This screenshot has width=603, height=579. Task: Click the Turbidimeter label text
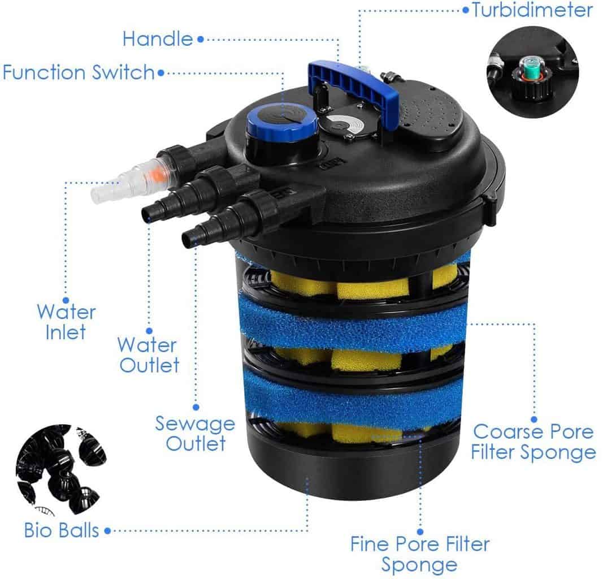coord(532,10)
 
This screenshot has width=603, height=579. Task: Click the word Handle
coord(158,39)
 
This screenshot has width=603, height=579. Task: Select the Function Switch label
coord(79,72)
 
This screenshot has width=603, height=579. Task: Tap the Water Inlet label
coord(66,321)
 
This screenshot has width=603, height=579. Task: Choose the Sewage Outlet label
coord(195,433)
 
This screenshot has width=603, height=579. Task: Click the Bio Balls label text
coord(62,530)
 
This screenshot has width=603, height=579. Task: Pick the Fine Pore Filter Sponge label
coord(419,554)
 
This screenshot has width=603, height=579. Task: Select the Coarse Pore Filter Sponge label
coord(534,442)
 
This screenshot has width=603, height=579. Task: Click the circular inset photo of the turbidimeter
coord(532,72)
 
